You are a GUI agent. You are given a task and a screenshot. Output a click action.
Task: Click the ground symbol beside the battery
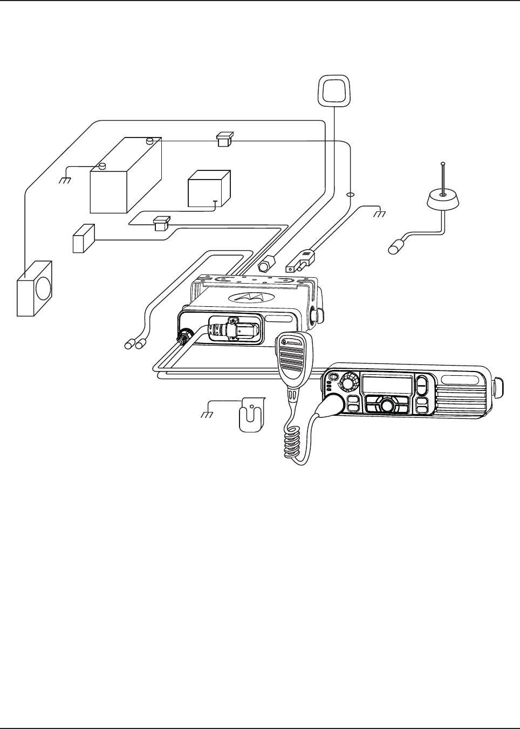coord(65,181)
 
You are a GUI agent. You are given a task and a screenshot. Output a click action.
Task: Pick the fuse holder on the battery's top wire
coord(224,139)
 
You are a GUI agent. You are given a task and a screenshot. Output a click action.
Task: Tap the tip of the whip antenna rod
coord(442,163)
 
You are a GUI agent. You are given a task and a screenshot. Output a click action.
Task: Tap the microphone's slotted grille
coord(291,363)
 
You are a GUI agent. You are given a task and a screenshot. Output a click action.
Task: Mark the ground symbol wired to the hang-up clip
coord(206,415)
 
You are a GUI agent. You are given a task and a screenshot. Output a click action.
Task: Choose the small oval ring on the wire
coord(350,195)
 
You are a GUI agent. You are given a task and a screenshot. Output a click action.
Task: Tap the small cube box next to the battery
coord(209,189)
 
